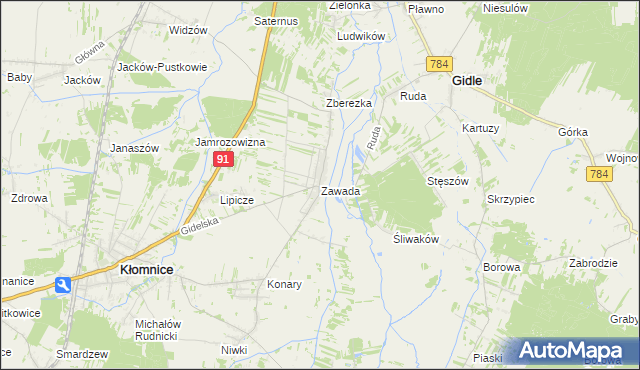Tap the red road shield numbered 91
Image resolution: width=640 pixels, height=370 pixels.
click(x=224, y=159)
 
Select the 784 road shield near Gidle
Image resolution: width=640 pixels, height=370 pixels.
click(x=438, y=64)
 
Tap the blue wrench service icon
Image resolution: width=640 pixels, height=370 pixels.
click(x=64, y=285)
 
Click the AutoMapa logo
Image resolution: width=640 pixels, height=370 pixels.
click(x=576, y=350)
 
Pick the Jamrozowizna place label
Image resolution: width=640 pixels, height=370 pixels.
click(x=229, y=142)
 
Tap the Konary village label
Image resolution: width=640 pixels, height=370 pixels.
click(x=284, y=284)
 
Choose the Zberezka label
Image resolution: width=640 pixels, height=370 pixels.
click(x=349, y=103)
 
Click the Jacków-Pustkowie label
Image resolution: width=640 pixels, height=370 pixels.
click(x=162, y=66)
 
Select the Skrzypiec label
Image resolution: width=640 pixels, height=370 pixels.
click(x=510, y=199)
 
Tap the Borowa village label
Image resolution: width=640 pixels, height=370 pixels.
click(x=501, y=267)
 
